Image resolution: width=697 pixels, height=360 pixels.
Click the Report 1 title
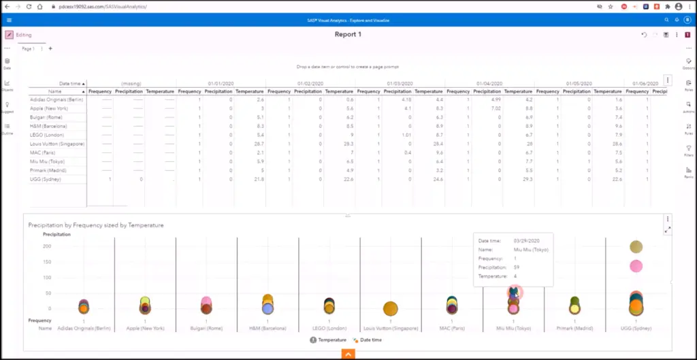point(348,35)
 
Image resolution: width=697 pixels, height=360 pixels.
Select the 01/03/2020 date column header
point(400,83)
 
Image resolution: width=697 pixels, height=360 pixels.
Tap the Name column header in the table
point(55,91)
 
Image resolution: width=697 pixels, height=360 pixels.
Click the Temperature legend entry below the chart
point(329,340)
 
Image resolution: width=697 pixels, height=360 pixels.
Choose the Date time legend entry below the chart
point(369,340)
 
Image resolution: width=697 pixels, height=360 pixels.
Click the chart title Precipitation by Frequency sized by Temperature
point(95,225)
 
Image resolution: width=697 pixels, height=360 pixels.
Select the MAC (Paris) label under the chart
point(452,328)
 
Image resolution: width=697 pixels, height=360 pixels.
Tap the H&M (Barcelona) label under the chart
point(268,328)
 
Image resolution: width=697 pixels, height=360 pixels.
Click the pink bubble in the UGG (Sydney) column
point(636,265)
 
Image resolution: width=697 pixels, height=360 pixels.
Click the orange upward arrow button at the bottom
point(348,355)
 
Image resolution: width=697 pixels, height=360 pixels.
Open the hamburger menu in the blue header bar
point(9,20)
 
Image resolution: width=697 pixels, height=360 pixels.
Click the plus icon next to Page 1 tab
point(50,49)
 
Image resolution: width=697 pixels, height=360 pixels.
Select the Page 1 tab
point(28,49)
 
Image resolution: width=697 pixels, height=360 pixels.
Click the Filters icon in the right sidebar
point(689,150)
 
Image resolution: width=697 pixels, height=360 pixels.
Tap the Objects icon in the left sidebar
point(7,84)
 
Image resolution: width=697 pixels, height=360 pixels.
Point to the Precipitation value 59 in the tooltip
point(516,267)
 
